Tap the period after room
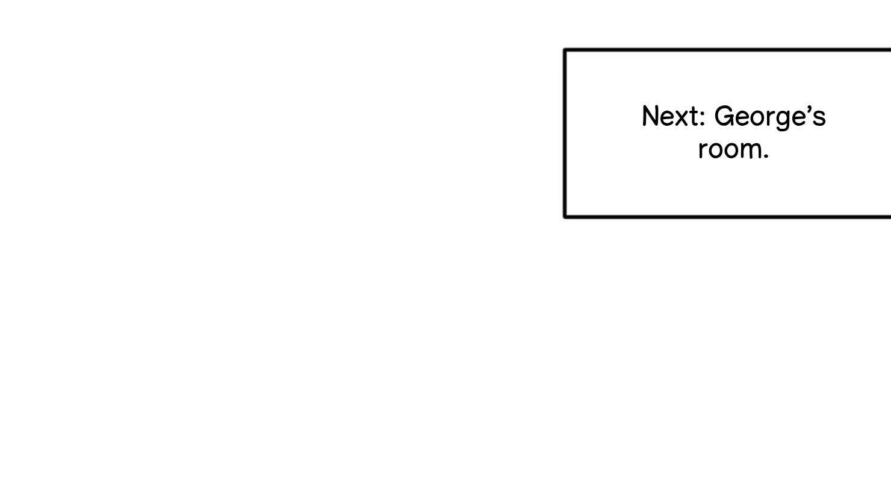click(x=766, y=158)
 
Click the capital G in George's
click(x=724, y=116)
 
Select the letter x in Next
click(x=681, y=119)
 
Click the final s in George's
click(x=820, y=119)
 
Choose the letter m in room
click(x=753, y=150)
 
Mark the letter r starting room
click(x=703, y=150)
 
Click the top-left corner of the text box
click(x=565, y=50)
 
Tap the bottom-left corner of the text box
click(x=565, y=216)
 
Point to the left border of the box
click(x=565, y=132)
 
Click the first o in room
click(x=715, y=150)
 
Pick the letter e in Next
click(x=669, y=119)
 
